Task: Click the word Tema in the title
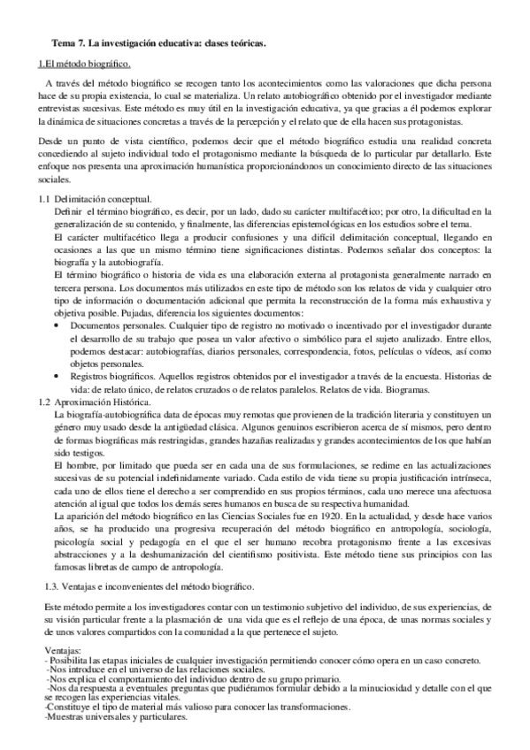coord(65,42)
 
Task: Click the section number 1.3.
coord(53,563)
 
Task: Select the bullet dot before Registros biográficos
coord(58,377)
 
